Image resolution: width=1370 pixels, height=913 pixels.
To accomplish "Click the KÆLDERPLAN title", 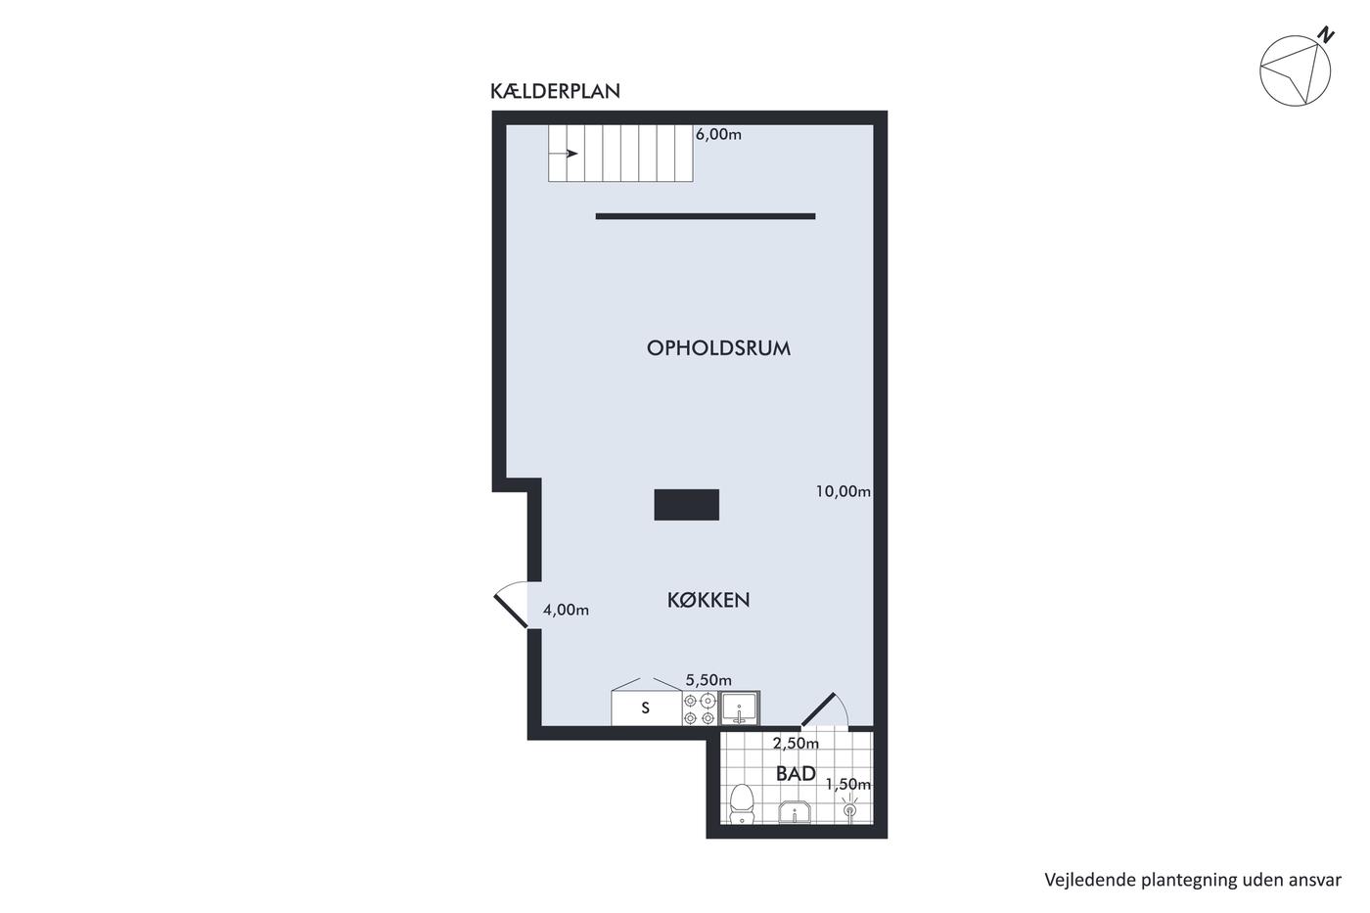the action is pyautogui.click(x=555, y=91).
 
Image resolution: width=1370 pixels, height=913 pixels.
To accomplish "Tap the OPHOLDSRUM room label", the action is pyautogui.click(x=718, y=348).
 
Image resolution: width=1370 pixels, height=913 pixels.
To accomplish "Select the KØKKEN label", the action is pyautogui.click(x=708, y=600).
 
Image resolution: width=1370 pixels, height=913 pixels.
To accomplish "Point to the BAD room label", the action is pyautogui.click(x=796, y=774).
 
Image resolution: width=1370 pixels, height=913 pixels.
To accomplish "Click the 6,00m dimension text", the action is pyautogui.click(x=718, y=134).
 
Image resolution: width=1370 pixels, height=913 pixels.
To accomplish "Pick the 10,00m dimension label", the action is pyautogui.click(x=843, y=491).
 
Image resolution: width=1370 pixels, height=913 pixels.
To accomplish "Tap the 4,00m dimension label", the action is pyautogui.click(x=566, y=610).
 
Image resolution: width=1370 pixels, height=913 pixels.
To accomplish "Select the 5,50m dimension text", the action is pyautogui.click(x=708, y=680).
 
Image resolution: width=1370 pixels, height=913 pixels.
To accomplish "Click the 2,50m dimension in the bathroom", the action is pyautogui.click(x=796, y=743).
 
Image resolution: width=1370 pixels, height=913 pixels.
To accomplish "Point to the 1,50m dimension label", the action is pyautogui.click(x=848, y=784).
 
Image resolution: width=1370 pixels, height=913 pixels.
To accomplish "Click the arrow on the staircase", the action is pyautogui.click(x=564, y=154).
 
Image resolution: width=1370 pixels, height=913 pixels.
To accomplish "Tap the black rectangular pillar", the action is pyautogui.click(x=686, y=505).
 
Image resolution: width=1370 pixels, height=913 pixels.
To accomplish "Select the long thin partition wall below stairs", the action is pyautogui.click(x=706, y=216).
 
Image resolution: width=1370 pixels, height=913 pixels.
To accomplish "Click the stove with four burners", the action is pyautogui.click(x=701, y=708).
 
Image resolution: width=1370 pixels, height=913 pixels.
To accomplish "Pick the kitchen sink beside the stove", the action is pyautogui.click(x=740, y=708).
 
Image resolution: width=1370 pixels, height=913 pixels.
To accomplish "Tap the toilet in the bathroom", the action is pyautogui.click(x=742, y=804).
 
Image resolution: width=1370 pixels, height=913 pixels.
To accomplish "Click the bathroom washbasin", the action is pyautogui.click(x=795, y=813).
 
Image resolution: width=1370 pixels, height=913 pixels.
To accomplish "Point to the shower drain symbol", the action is pyautogui.click(x=849, y=809).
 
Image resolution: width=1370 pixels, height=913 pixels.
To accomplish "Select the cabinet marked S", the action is pyautogui.click(x=647, y=708).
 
